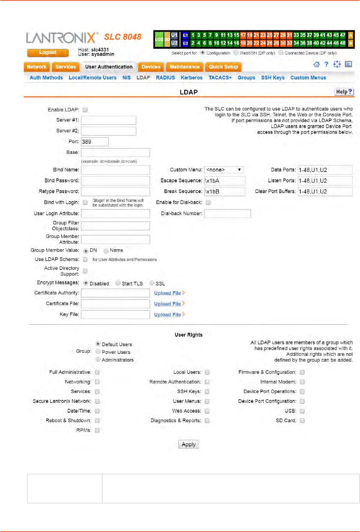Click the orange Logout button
(48, 53)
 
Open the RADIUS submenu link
(165, 78)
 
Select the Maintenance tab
(185, 67)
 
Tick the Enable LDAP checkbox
(85, 110)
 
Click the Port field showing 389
(94, 142)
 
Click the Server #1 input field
(108, 120)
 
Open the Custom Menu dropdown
(224, 170)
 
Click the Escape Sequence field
(225, 181)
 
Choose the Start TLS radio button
(118, 283)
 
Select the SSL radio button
(152, 283)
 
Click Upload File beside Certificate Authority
(168, 293)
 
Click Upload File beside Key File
(168, 314)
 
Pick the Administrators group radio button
(98, 360)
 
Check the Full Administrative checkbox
(97, 372)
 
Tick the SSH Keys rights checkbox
(207, 392)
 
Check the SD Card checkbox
(302, 421)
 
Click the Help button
(343, 92)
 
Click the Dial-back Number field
(227, 213)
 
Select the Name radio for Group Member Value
(106, 251)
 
